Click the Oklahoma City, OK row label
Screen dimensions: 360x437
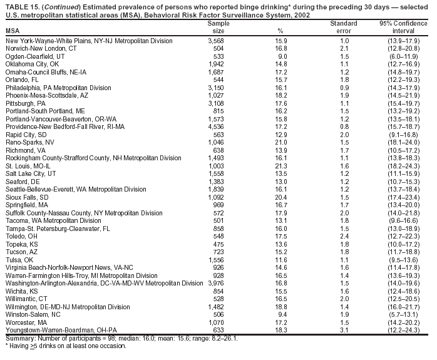(x=32, y=64)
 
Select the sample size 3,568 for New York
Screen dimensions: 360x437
(x=215, y=41)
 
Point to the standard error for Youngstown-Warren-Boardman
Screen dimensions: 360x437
(x=343, y=330)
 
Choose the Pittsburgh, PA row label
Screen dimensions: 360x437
(x=26, y=103)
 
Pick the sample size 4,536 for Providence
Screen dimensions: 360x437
(x=215, y=126)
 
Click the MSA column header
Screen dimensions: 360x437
(x=12, y=31)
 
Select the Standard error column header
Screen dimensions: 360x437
(x=343, y=27)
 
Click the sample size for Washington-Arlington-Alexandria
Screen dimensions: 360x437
(x=215, y=283)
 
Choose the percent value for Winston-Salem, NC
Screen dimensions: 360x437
(x=281, y=314)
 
